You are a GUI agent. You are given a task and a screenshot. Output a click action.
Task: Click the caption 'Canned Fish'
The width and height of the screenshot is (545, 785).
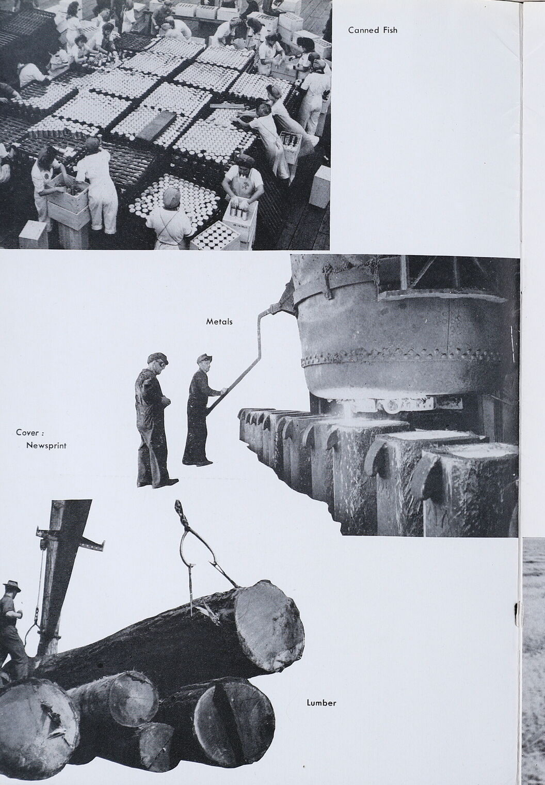[373, 30]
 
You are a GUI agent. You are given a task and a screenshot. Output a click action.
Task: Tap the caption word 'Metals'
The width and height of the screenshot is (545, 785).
[219, 321]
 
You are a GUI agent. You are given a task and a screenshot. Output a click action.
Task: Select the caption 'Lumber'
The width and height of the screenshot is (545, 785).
[321, 702]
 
